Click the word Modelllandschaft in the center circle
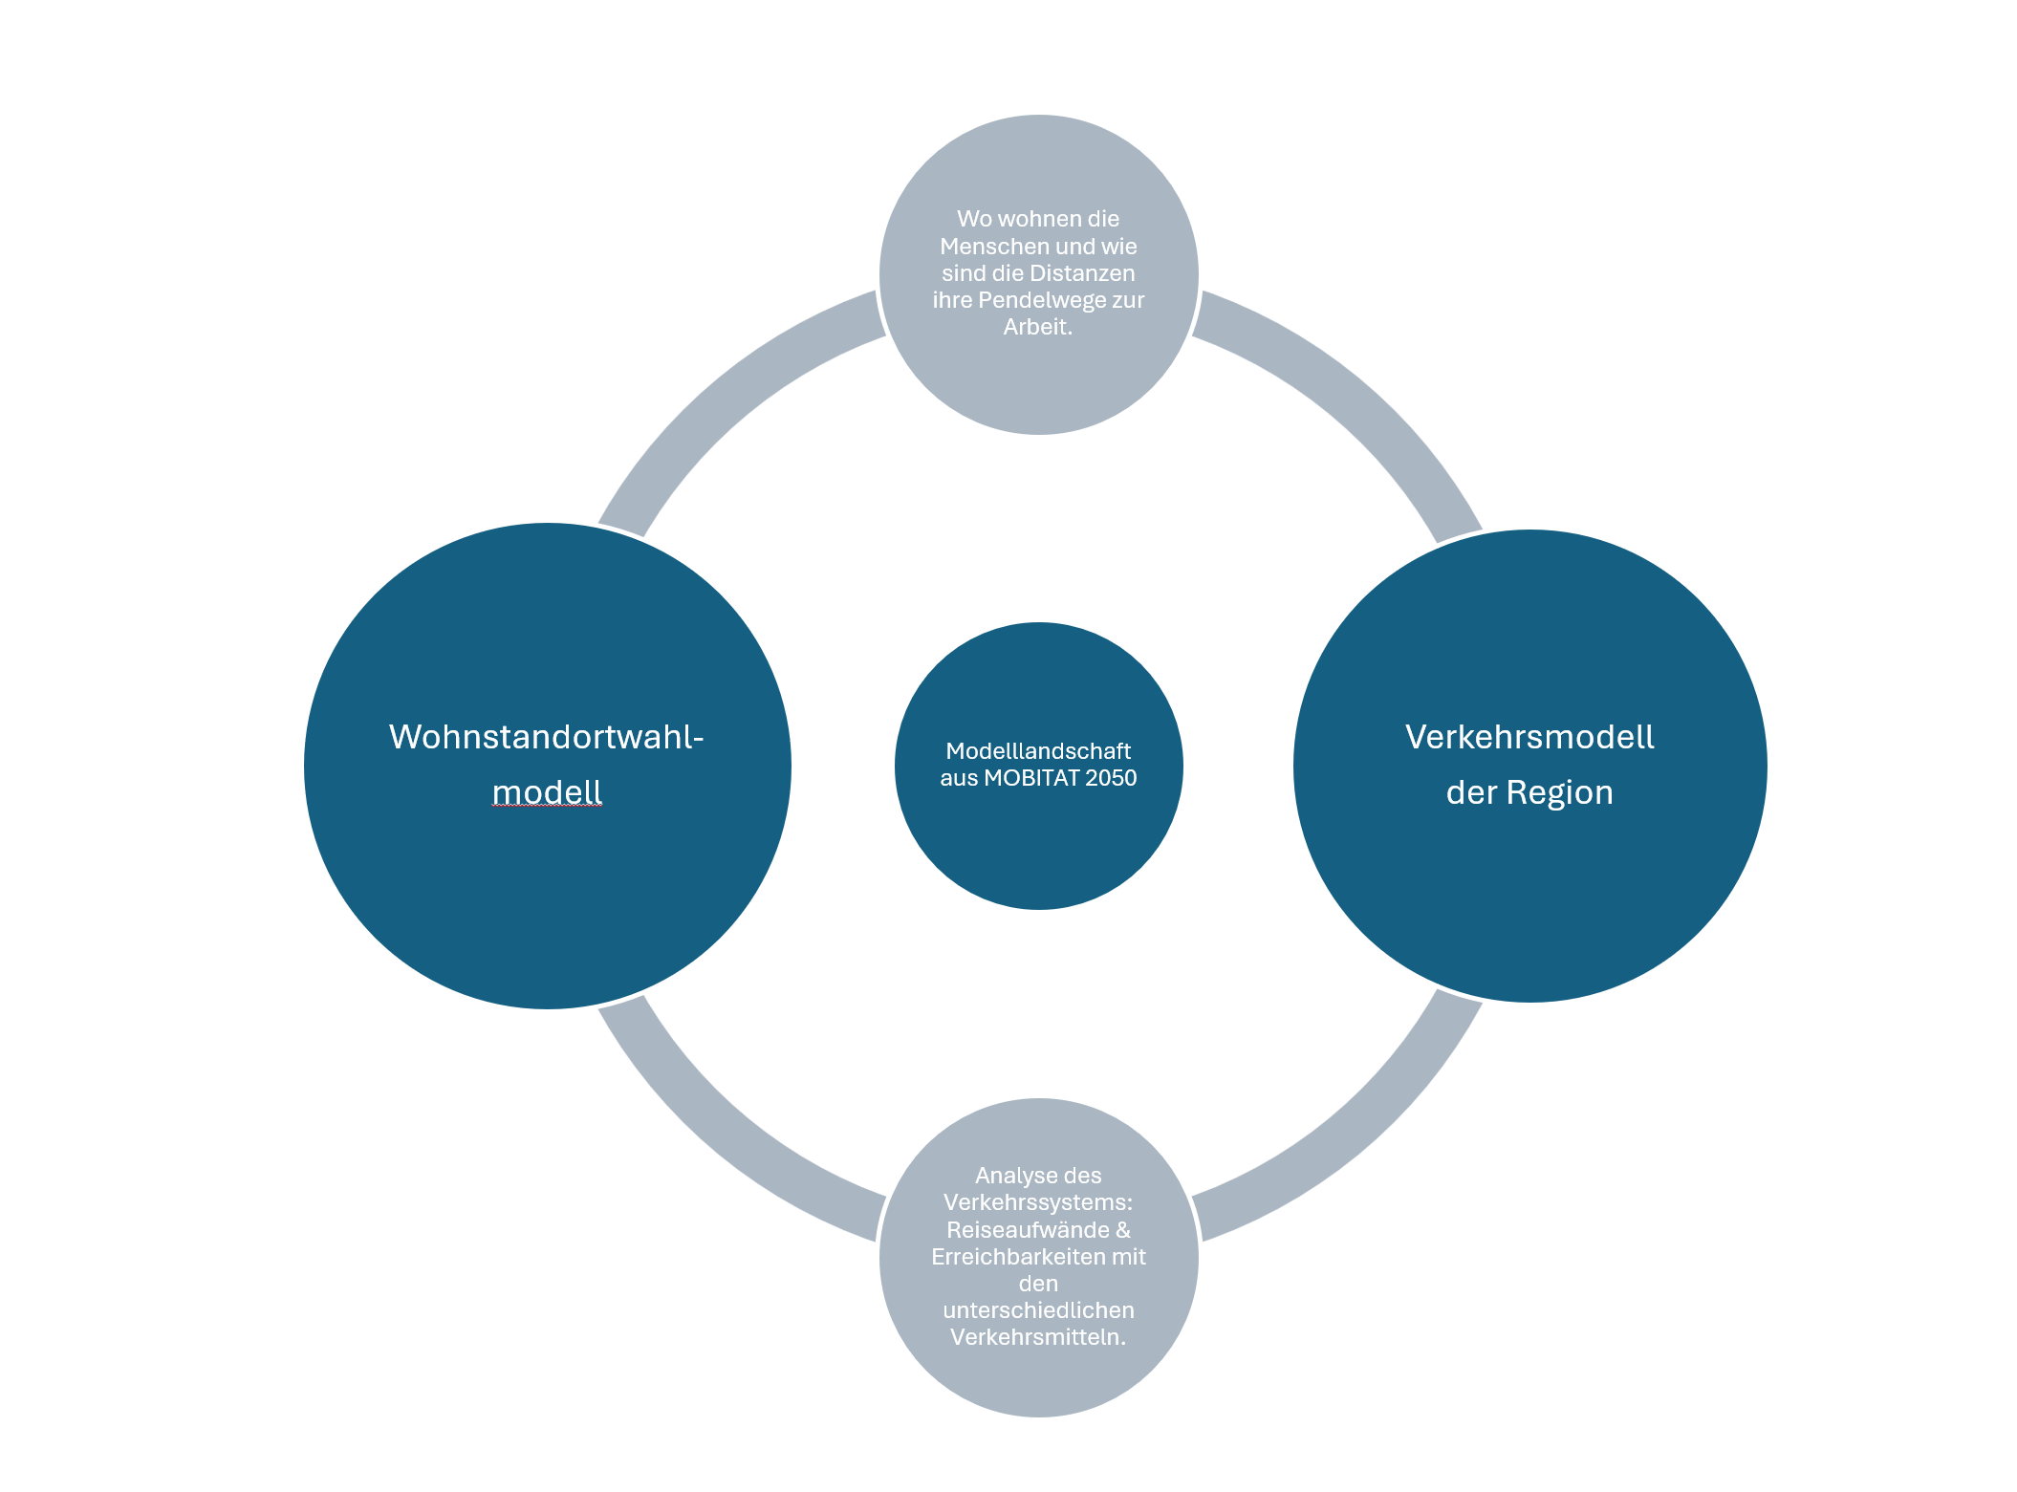pos(1038,751)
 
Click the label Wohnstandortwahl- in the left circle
pos(546,737)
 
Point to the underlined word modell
pos(547,792)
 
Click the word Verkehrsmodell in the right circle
pos(1529,737)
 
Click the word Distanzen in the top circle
pos(1082,273)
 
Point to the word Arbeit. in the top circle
pos(1038,327)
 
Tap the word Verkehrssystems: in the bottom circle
pos(1038,1202)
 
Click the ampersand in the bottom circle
pos(1123,1230)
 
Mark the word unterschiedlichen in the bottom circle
pos(1038,1310)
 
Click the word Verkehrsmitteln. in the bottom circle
pos(1038,1337)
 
